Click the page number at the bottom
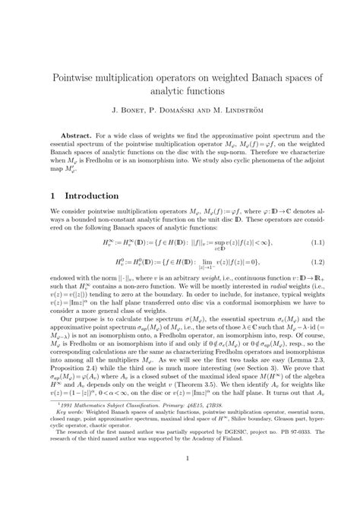pyautogui.click(x=180, y=479)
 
